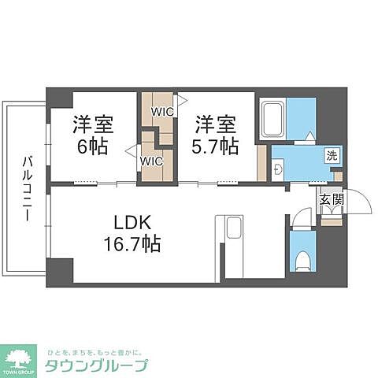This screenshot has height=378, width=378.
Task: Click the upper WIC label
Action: click(x=162, y=112)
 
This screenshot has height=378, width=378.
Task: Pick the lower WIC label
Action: click(x=151, y=161)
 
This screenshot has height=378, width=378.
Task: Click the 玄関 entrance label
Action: click(x=331, y=200)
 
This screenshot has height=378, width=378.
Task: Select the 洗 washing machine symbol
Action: click(x=332, y=156)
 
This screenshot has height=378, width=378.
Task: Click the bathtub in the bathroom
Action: click(x=272, y=119)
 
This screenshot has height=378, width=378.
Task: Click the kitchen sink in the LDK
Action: click(x=234, y=229)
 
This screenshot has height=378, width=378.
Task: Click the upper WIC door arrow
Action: click(x=182, y=101)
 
